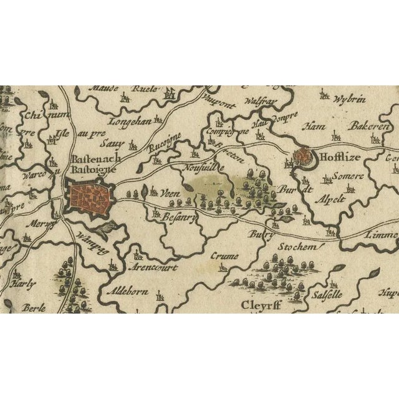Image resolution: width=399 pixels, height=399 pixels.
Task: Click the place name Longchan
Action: [130, 122]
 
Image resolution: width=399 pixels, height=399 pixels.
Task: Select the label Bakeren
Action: [368, 127]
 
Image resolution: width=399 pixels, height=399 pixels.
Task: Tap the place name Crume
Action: [224, 256]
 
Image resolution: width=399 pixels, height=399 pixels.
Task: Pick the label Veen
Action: [170, 194]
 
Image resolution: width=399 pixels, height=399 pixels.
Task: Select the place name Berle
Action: [34, 307]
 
